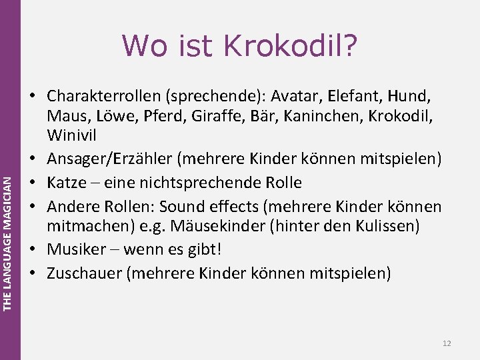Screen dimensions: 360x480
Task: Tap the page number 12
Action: (446, 343)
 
